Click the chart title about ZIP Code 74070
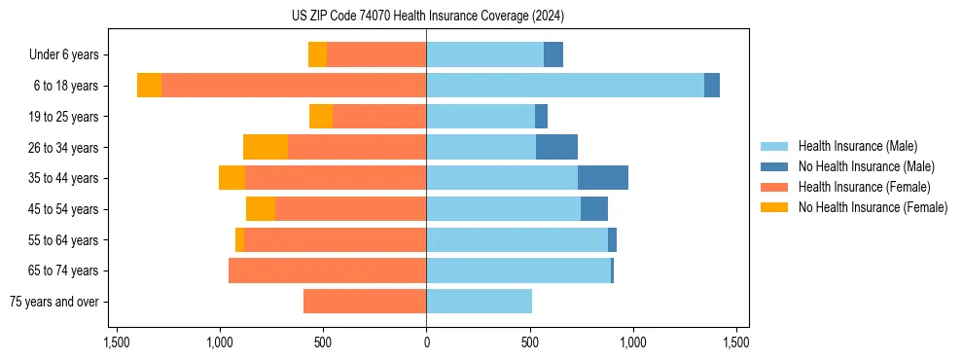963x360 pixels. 426,16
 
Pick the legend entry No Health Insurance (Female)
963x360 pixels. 873,207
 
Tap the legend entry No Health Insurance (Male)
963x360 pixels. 866,166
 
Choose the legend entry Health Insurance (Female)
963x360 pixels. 864,187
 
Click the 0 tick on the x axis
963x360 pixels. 426,342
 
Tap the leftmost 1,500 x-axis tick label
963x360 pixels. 116,342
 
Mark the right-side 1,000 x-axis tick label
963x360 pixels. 633,342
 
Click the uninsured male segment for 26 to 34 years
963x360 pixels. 556,147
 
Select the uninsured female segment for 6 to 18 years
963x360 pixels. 149,86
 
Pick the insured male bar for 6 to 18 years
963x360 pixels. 564,86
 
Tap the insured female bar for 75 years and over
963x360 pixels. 365,302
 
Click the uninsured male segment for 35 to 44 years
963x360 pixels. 603,178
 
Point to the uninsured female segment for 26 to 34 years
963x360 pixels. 266,147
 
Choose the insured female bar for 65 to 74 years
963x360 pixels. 327,270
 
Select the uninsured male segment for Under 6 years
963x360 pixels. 553,55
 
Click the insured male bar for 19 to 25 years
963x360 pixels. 481,117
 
